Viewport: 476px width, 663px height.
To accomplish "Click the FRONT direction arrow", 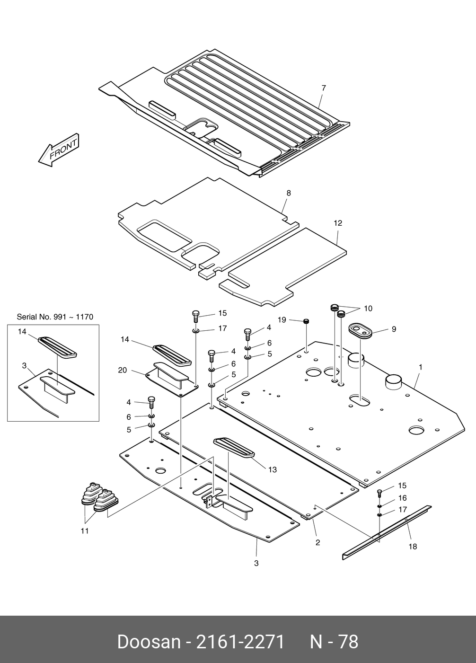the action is point(59,150).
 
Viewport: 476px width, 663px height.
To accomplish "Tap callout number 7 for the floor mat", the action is point(324,88).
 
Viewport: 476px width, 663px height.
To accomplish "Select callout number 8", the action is point(289,193).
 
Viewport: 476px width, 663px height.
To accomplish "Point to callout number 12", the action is point(338,223).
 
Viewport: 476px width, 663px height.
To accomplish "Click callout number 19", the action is point(282,319).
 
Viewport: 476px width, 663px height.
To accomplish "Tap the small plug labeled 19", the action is point(307,321).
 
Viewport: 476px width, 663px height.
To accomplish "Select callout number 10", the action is point(368,309).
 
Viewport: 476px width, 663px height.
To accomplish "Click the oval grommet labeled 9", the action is point(361,331).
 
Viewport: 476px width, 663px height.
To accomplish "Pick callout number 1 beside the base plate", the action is point(420,367).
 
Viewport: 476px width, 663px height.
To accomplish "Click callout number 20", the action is point(122,370).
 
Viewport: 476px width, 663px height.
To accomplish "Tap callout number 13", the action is point(273,469).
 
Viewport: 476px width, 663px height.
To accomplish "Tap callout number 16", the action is point(402,498).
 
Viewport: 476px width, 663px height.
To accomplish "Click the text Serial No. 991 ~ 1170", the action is point(55,317).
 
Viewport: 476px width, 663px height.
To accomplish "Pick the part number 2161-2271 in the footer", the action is point(240,642).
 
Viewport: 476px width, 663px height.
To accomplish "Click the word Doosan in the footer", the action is point(149,642).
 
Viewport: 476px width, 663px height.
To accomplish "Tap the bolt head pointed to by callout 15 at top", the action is point(196,313).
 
